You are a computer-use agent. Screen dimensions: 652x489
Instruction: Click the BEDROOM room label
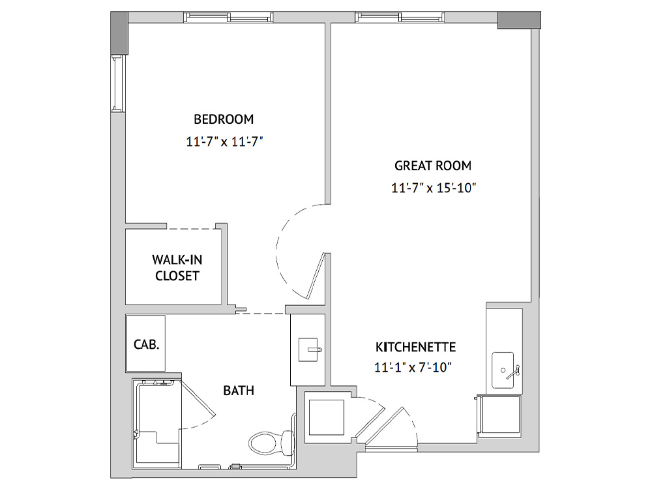(224, 119)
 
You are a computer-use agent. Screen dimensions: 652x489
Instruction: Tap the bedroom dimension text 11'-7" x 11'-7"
(224, 141)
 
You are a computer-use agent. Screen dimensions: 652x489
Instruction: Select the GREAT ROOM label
(433, 166)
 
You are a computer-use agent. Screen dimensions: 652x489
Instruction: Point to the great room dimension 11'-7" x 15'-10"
(434, 188)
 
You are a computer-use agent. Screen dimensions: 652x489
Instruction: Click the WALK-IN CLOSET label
(177, 268)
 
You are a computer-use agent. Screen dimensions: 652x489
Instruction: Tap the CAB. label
(146, 344)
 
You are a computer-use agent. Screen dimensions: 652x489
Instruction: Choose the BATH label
(239, 391)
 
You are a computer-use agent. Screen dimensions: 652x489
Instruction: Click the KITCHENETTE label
(416, 347)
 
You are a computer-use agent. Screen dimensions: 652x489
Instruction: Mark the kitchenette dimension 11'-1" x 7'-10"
(413, 368)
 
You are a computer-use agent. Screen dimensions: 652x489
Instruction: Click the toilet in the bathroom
(271, 441)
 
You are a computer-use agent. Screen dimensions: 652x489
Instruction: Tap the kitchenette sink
(503, 370)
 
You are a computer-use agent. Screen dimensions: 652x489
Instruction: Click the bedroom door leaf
(316, 276)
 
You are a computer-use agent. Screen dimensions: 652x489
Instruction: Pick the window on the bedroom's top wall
(228, 17)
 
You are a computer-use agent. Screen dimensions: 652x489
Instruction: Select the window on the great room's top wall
(400, 17)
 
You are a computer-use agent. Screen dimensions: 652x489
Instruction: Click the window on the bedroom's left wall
(118, 83)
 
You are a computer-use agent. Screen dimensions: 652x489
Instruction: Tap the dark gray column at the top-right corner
(519, 20)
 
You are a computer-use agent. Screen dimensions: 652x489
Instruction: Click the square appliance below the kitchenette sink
(500, 416)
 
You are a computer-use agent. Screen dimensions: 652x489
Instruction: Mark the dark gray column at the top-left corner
(119, 33)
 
